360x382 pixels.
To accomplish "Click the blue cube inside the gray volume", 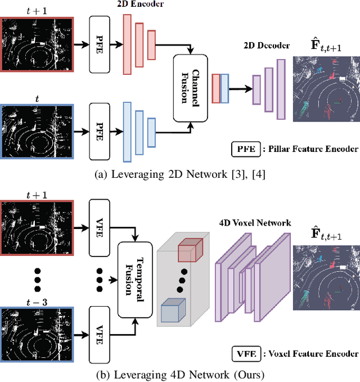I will click(173, 311).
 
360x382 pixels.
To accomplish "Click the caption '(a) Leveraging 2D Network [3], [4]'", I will click(180, 174).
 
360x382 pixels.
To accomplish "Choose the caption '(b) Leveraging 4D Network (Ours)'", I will click(180, 374).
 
